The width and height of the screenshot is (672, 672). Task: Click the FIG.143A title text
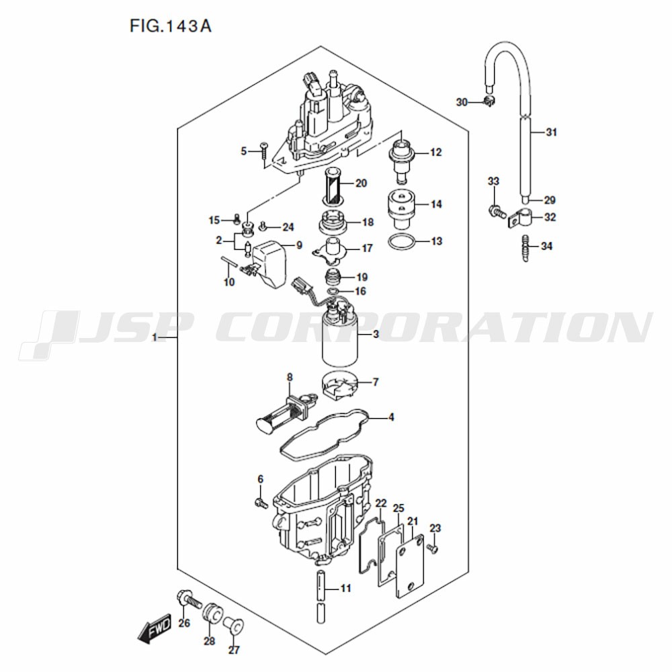pos(171,26)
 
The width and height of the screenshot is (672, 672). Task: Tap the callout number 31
pos(551,132)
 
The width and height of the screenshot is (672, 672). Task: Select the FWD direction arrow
pos(155,630)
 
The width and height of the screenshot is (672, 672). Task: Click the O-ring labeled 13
pos(402,242)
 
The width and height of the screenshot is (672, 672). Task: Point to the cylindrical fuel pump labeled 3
pos(339,339)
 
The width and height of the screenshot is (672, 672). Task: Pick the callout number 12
pos(435,152)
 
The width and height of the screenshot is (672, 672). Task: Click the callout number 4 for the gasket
pos(391,417)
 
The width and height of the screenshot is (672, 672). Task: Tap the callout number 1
pos(155,338)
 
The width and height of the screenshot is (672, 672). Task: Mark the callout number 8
pos(290,378)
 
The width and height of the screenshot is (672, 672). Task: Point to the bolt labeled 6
pos(261,503)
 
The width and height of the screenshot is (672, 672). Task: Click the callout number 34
pos(546,246)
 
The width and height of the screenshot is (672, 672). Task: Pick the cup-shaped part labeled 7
pos(339,387)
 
